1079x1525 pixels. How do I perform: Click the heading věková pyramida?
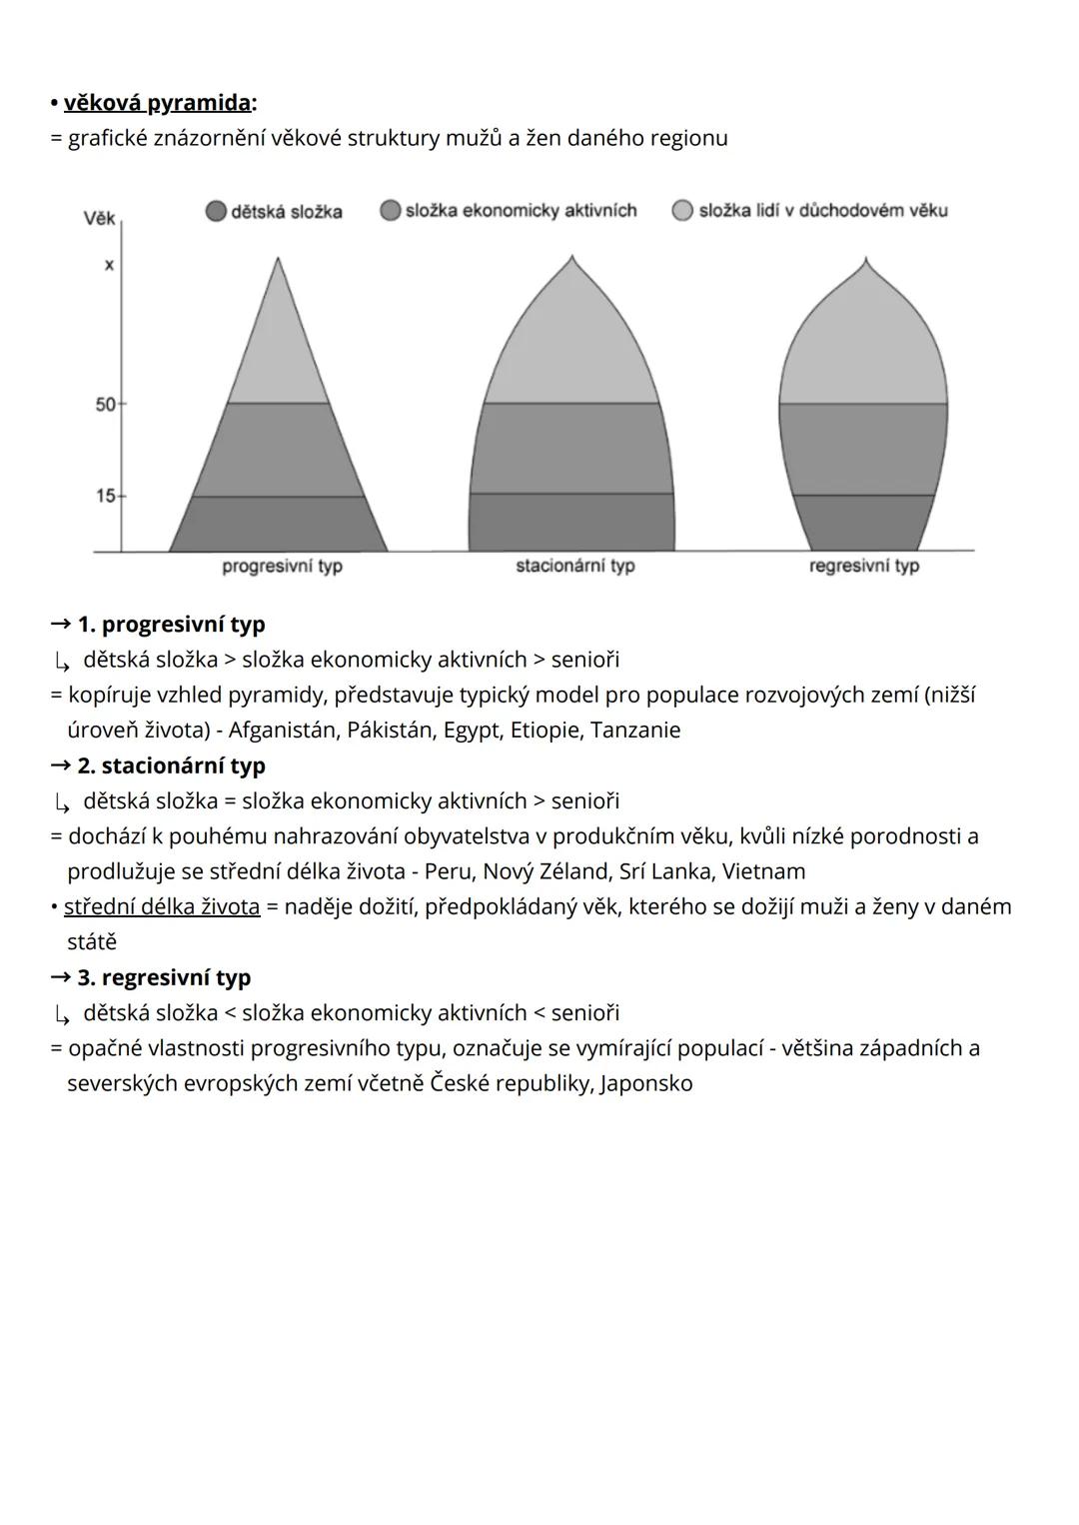click(x=157, y=103)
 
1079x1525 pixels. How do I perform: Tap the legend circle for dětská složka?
click(x=216, y=212)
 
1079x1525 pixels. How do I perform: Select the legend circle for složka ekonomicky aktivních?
click(x=391, y=211)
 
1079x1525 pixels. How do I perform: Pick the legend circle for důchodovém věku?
click(x=682, y=211)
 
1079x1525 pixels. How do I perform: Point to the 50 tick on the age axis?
click(x=107, y=405)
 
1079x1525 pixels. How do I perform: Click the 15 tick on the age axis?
click(x=107, y=496)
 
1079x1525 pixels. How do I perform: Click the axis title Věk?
click(x=99, y=218)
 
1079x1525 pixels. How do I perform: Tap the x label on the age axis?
click(x=109, y=266)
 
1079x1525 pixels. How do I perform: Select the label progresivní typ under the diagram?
click(x=282, y=567)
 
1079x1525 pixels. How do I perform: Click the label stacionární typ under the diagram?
click(x=574, y=566)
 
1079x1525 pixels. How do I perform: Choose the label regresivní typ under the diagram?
click(x=863, y=566)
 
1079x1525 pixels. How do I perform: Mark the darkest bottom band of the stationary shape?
click(x=571, y=522)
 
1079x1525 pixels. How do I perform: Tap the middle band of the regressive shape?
click(x=863, y=449)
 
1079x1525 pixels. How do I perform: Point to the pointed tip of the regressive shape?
click(x=865, y=262)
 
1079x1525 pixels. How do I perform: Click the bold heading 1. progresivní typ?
click(x=171, y=625)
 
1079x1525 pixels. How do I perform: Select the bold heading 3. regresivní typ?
click(x=164, y=977)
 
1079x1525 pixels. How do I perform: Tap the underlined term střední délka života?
click(x=162, y=907)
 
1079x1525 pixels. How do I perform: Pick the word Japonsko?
click(x=646, y=1084)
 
